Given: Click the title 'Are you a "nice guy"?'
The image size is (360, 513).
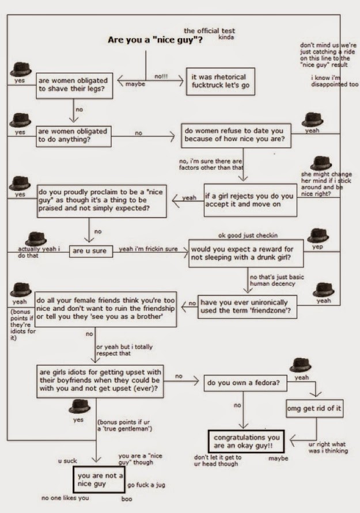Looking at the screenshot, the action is pyautogui.click(x=155, y=40).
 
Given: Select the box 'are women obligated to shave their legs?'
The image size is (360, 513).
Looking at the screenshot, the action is pyautogui.click(x=74, y=86).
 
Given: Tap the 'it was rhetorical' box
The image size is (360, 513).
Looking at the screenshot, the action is pyautogui.click(x=221, y=81).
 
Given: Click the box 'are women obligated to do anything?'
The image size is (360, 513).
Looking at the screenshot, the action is pyautogui.click(x=74, y=136).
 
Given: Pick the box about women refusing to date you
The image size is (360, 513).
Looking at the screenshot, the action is pyautogui.click(x=236, y=135).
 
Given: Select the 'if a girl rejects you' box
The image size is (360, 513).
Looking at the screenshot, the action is pyautogui.click(x=251, y=200).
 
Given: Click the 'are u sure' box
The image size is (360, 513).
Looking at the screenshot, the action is pyautogui.click(x=90, y=251).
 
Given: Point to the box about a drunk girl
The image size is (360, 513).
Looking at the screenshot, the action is pyautogui.click(x=246, y=253).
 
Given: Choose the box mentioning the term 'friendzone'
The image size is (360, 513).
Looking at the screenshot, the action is pyautogui.click(x=247, y=307).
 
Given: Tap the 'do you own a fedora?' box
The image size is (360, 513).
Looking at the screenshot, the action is pyautogui.click(x=245, y=383).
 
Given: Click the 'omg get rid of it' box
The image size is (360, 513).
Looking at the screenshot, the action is pyautogui.click(x=314, y=408).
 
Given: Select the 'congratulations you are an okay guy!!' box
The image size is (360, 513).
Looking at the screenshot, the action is pyautogui.click(x=247, y=442).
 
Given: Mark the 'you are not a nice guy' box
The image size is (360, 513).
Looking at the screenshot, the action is pyautogui.click(x=99, y=480).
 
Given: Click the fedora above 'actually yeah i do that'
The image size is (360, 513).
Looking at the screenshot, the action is pyautogui.click(x=36, y=239).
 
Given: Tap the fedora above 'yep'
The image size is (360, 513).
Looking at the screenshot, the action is pyautogui.click(x=318, y=235).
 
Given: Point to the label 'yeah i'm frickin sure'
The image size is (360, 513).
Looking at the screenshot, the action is pyautogui.click(x=148, y=249).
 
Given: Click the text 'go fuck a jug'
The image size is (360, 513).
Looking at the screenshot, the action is pyautogui.click(x=146, y=485).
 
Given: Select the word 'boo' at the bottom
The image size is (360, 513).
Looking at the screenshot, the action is pyautogui.click(x=127, y=499).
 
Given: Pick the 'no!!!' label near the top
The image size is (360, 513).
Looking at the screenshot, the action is pyautogui.click(x=161, y=76).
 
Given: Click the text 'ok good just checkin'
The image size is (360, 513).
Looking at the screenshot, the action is pyautogui.click(x=248, y=235).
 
